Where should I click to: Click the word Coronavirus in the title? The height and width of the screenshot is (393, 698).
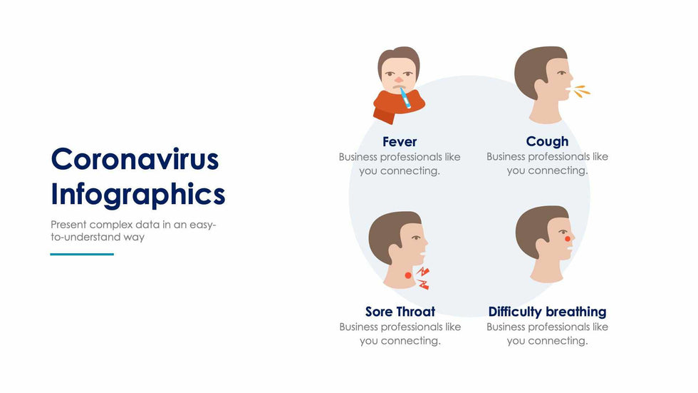click(x=135, y=159)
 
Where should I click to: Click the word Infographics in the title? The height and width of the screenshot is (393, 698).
click(x=138, y=194)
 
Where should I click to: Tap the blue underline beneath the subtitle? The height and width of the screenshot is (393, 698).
click(x=82, y=254)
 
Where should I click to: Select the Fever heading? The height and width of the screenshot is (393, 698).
click(x=400, y=141)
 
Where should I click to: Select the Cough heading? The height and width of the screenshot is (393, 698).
click(x=547, y=141)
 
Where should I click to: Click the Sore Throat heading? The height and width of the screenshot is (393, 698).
click(x=400, y=312)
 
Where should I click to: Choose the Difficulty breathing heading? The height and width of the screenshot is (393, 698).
click(x=547, y=312)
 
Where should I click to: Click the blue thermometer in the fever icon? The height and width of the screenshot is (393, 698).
click(x=404, y=98)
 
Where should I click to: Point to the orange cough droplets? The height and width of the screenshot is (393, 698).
click(x=582, y=91)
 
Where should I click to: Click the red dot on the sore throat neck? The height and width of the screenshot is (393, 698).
click(x=407, y=275)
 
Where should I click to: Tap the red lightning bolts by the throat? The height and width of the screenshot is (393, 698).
click(x=423, y=278)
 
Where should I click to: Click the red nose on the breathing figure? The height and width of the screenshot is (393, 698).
click(x=568, y=239)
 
